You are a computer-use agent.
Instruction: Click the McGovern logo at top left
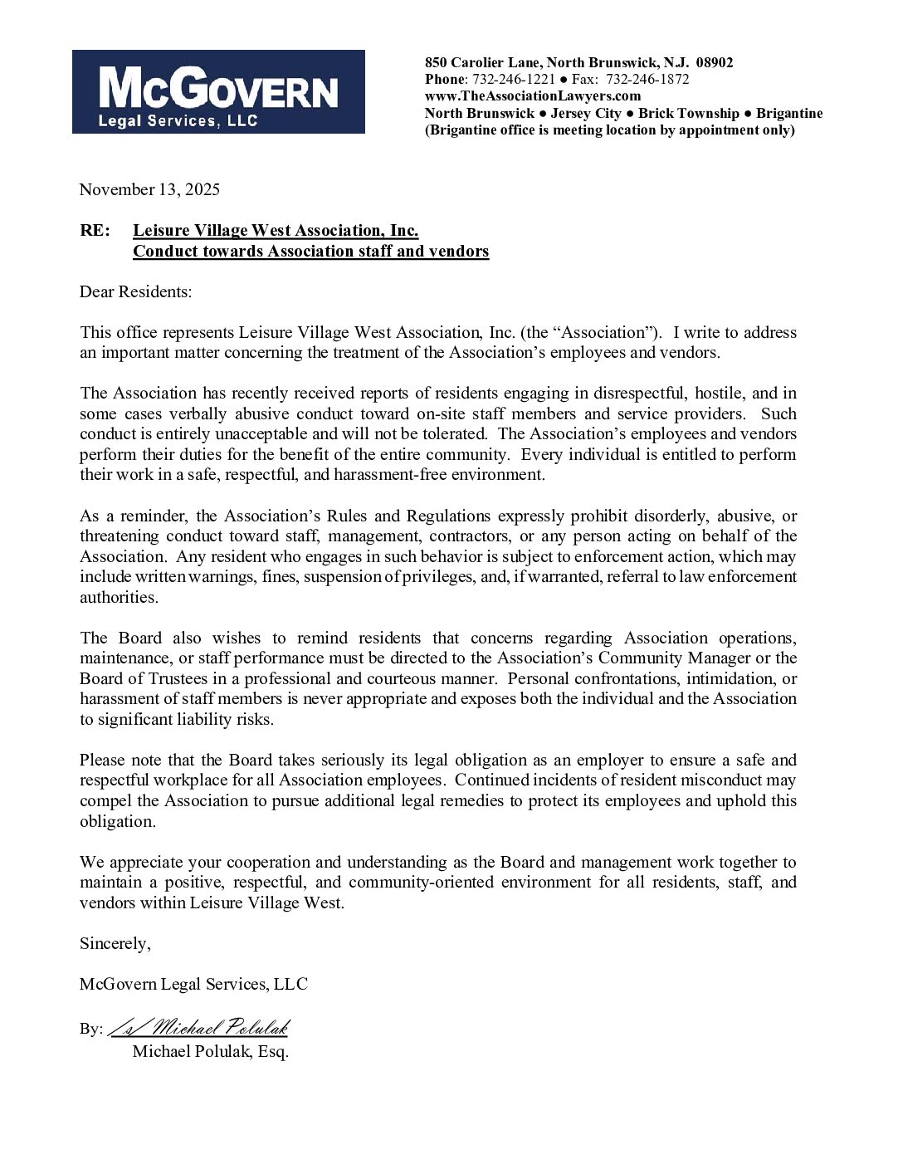pyautogui.click(x=218, y=91)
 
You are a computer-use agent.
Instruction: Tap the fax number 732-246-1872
pyautogui.click(x=647, y=80)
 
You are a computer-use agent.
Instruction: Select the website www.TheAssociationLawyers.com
pyautogui.click(x=533, y=96)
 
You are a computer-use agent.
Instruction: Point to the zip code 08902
pyautogui.click(x=715, y=63)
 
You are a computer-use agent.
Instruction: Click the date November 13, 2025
pyautogui.click(x=149, y=189)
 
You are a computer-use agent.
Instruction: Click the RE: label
pyautogui.click(x=95, y=231)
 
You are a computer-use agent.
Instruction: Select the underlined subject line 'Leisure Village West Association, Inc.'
pyautogui.click(x=276, y=231)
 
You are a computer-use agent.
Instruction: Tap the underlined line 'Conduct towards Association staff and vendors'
pyautogui.click(x=310, y=252)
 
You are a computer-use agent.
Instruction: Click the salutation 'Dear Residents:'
pyautogui.click(x=135, y=292)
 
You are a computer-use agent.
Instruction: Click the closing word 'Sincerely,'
pyautogui.click(x=115, y=944)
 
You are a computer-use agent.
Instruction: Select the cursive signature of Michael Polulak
pyautogui.click(x=198, y=1028)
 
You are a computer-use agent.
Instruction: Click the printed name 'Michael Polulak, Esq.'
pyautogui.click(x=211, y=1052)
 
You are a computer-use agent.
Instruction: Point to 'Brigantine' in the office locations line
pyautogui.click(x=789, y=113)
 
